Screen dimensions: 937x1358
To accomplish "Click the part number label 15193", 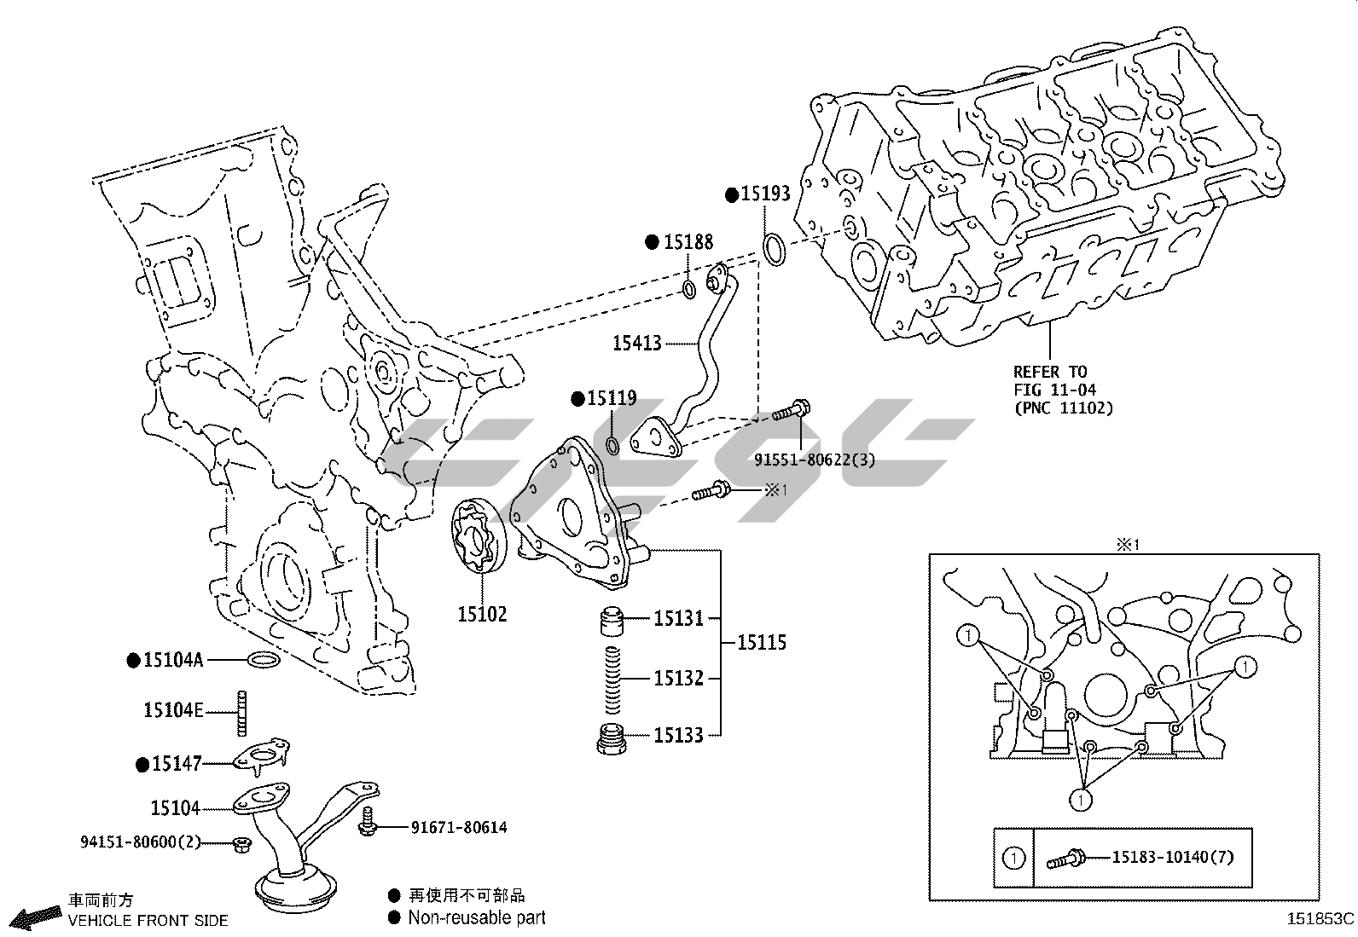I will point(765,194).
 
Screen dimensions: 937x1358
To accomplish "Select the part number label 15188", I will point(688,242).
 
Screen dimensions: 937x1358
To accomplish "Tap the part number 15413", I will point(637,344).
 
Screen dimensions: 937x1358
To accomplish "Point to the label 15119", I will point(612,398).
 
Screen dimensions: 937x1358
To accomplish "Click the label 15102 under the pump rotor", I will point(482,614).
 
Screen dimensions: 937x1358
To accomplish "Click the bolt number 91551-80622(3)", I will point(815,460).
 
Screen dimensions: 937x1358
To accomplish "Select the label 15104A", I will point(173,659).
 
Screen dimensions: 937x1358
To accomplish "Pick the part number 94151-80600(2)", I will point(141,842).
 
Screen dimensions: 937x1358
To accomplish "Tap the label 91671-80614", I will point(459,827).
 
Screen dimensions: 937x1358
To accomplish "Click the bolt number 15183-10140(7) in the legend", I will point(1172,857).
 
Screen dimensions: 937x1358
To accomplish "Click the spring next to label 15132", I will point(612,679).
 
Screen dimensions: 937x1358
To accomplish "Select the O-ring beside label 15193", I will point(774,248).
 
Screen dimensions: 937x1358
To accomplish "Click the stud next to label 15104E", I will point(241,712).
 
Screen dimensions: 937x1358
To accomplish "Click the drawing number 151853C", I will point(1320,919).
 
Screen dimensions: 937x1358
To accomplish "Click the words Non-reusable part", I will point(476,918).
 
